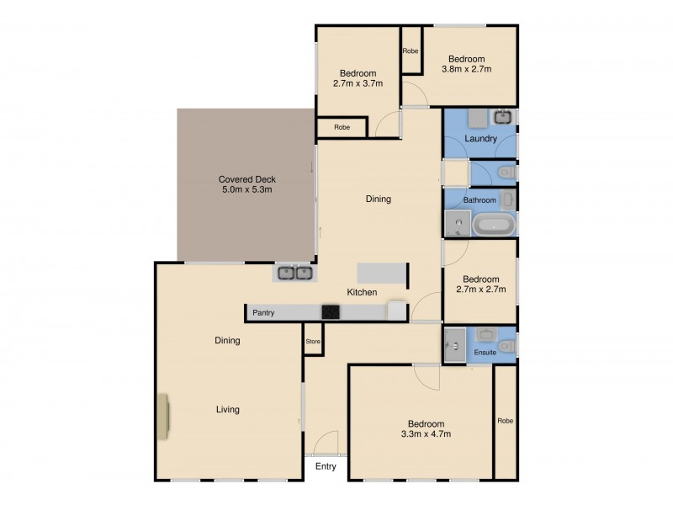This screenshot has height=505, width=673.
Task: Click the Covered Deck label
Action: pyautogui.click(x=247, y=179)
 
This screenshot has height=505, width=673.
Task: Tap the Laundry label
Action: pyautogui.click(x=480, y=139)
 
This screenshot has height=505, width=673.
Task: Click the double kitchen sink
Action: pyautogui.click(x=295, y=273)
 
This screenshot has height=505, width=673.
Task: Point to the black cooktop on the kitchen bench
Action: pyautogui.click(x=331, y=312)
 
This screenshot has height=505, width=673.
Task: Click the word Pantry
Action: pyautogui.click(x=264, y=313)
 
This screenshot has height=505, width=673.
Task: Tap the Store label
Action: pyautogui.click(x=313, y=341)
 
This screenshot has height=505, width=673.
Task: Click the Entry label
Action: pyautogui.click(x=326, y=466)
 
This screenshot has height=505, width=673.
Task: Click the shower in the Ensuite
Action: pyautogui.click(x=454, y=344)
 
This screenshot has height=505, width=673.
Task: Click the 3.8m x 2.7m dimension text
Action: pyautogui.click(x=467, y=69)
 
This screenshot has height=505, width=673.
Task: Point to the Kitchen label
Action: pyautogui.click(x=363, y=292)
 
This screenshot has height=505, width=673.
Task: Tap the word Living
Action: pyautogui.click(x=228, y=410)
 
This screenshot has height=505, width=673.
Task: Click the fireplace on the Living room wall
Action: pyautogui.click(x=162, y=417)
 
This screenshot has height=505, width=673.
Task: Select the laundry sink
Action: pyautogui.click(x=505, y=117)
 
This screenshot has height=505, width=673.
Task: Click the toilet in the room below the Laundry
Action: pyautogui.click(x=505, y=173)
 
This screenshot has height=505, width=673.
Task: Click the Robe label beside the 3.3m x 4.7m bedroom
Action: pyautogui.click(x=505, y=421)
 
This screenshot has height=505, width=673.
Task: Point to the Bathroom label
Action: pyautogui.click(x=479, y=200)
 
